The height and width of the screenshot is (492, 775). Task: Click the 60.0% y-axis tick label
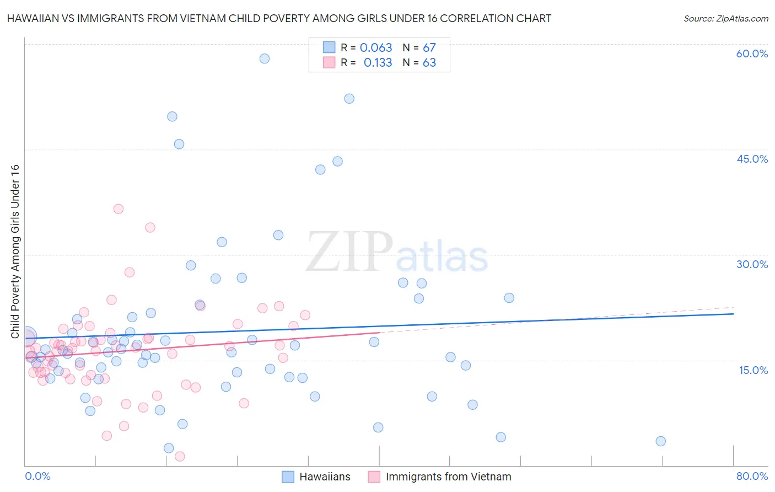pyautogui.click(x=752, y=54)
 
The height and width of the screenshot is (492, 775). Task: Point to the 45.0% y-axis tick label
pyautogui.click(x=752, y=159)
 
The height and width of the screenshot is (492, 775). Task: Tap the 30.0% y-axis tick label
pyautogui.click(x=752, y=264)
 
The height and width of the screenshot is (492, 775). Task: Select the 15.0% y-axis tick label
pyautogui.click(x=753, y=370)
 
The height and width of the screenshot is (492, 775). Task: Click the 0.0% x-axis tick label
pyautogui.click(x=37, y=476)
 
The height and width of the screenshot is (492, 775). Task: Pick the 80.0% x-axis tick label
pyautogui.click(x=752, y=476)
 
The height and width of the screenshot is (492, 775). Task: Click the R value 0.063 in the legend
pyautogui.click(x=376, y=48)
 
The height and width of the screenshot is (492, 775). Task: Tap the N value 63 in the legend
pyautogui.click(x=429, y=63)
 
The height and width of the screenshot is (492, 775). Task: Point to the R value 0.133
pyautogui.click(x=378, y=63)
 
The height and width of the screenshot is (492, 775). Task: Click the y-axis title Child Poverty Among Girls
pyautogui.click(x=15, y=251)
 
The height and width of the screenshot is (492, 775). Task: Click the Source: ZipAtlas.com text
pyautogui.click(x=725, y=19)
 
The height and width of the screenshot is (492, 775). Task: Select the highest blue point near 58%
pyautogui.click(x=265, y=58)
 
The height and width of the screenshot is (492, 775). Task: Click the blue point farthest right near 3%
pyautogui.click(x=660, y=441)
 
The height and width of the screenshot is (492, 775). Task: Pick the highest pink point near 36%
pyautogui.click(x=118, y=208)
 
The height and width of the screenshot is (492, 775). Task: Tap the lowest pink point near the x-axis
pyautogui.click(x=180, y=456)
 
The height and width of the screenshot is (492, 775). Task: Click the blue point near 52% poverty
pyautogui.click(x=349, y=99)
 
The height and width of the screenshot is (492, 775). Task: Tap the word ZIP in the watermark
pyautogui.click(x=349, y=252)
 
